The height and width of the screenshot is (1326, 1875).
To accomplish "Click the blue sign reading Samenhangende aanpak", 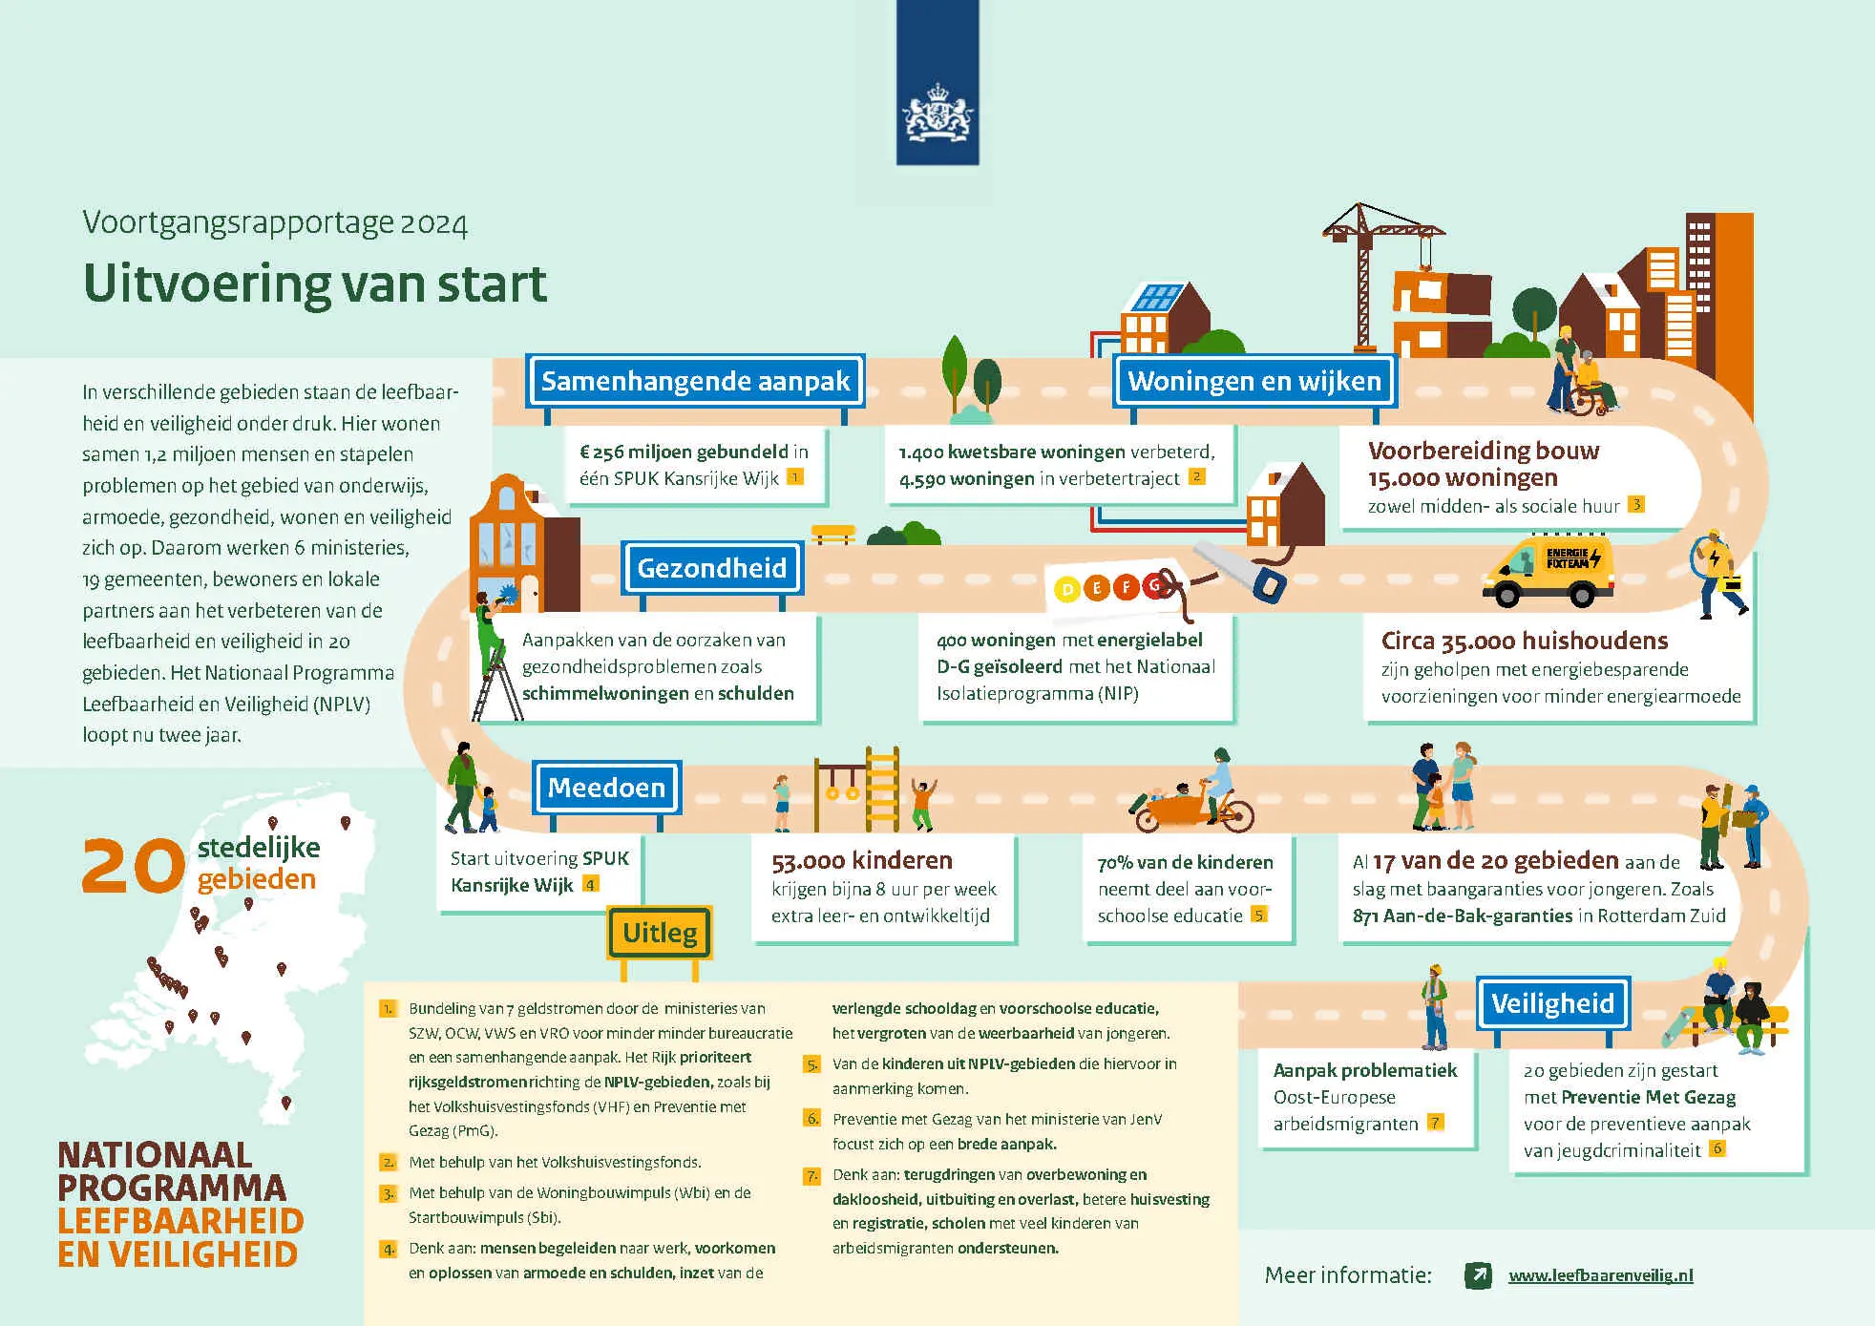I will (695, 381).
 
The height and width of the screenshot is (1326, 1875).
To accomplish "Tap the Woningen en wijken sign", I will (1254, 381).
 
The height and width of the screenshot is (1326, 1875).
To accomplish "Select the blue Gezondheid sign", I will (711, 568).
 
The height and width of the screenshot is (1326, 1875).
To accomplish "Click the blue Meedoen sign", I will (606, 788).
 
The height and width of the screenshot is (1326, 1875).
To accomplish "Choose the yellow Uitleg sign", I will (660, 933).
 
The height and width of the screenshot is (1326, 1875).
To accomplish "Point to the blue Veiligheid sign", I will (1552, 1003).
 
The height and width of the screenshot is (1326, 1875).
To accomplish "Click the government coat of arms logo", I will (937, 113).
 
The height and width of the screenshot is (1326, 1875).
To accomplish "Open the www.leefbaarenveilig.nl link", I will (1600, 1275).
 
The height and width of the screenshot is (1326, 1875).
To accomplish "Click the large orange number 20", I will (133, 866).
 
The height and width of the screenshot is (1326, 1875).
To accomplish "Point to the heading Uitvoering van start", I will (315, 284).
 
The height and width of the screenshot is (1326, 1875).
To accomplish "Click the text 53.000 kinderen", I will (861, 861).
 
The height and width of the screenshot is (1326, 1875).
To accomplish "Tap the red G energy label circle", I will (1156, 585).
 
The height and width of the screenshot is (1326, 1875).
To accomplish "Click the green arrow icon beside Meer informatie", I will (1478, 1275).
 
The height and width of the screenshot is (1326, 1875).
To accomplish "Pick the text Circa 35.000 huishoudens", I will (1524, 641).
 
